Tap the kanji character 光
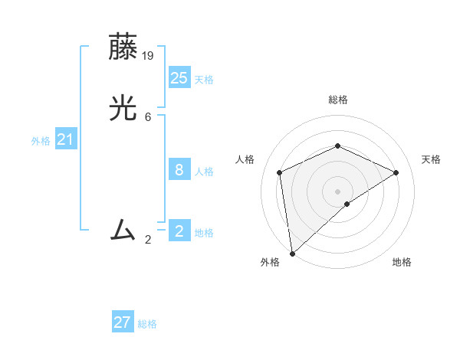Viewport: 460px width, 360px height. [x=124, y=109]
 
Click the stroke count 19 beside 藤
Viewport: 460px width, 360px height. [x=149, y=55]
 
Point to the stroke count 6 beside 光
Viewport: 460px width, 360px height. [x=148, y=117]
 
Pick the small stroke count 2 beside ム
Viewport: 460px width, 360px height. [x=148, y=240]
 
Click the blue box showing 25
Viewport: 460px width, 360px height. [x=179, y=77]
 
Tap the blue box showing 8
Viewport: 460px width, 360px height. [x=179, y=169]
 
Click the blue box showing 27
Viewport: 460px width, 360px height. [x=123, y=322]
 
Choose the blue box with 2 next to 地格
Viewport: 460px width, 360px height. [x=179, y=231]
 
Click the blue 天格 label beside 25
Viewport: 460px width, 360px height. [x=204, y=80]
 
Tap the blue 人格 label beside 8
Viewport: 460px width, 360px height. [x=204, y=172]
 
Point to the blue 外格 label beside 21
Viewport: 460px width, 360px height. [x=41, y=141]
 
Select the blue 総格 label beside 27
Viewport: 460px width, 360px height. [x=147, y=325]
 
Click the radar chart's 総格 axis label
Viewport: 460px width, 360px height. [x=338, y=100]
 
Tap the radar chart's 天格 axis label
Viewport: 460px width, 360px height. [x=431, y=159]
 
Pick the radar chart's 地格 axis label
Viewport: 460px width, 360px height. [x=402, y=263]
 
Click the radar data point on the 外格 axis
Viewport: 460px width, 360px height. [x=292, y=254]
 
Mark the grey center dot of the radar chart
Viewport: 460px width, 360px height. [x=338, y=191]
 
